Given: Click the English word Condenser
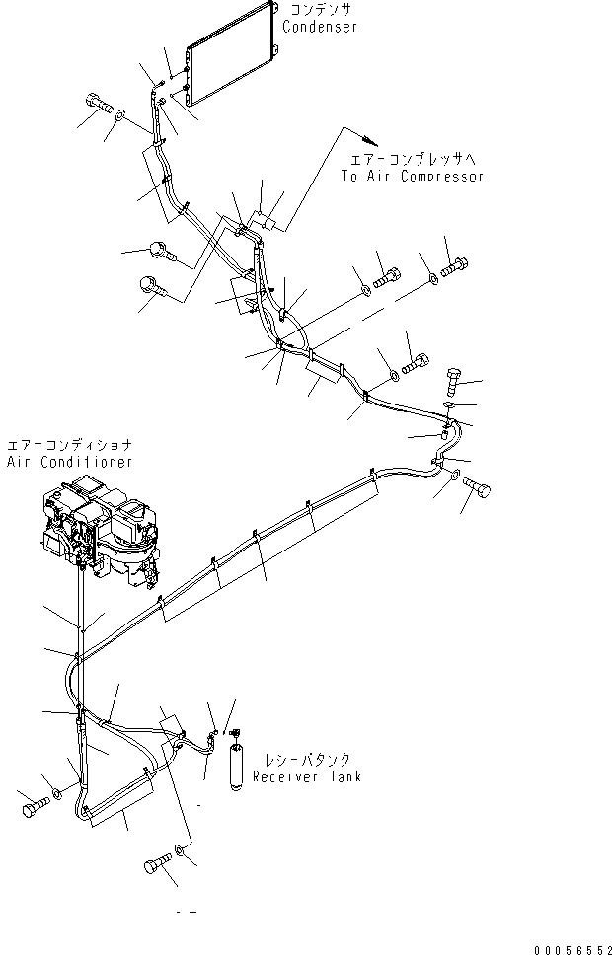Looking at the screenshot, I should tap(320, 28).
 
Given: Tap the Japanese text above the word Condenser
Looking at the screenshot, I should tap(320, 10).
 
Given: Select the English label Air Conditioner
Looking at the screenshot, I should tap(69, 462).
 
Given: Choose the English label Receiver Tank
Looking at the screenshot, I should tap(306, 777).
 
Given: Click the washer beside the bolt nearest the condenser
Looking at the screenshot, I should tap(119, 117).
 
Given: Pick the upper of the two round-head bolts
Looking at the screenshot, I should tap(162, 251).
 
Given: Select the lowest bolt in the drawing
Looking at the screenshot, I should tap(154, 865).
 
